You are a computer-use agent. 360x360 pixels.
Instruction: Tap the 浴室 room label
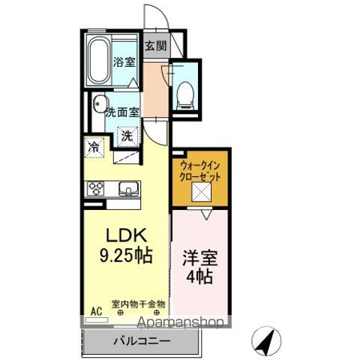[124, 62]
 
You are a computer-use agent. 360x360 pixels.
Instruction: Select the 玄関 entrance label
[156, 46]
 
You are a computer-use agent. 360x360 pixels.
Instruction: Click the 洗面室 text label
[122, 112]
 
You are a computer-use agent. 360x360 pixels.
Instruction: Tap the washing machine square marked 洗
[127, 136]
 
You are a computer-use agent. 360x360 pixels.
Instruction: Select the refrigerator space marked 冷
[94, 148]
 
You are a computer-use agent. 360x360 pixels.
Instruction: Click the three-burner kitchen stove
[97, 188]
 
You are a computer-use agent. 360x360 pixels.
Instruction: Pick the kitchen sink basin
[128, 188]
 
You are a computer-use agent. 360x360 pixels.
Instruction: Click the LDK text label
[127, 235]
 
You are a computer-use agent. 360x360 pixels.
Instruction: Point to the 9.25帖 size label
[126, 255]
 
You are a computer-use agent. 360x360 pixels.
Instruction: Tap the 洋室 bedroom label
[200, 258]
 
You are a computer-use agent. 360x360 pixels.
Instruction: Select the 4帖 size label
[200, 277]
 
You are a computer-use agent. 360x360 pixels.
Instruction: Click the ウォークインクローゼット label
[200, 172]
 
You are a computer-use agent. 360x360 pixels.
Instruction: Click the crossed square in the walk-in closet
[202, 192]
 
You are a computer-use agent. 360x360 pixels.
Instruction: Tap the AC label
[96, 311]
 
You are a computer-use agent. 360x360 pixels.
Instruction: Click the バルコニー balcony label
[142, 340]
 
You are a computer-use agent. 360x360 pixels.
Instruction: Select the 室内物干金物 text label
[138, 304]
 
